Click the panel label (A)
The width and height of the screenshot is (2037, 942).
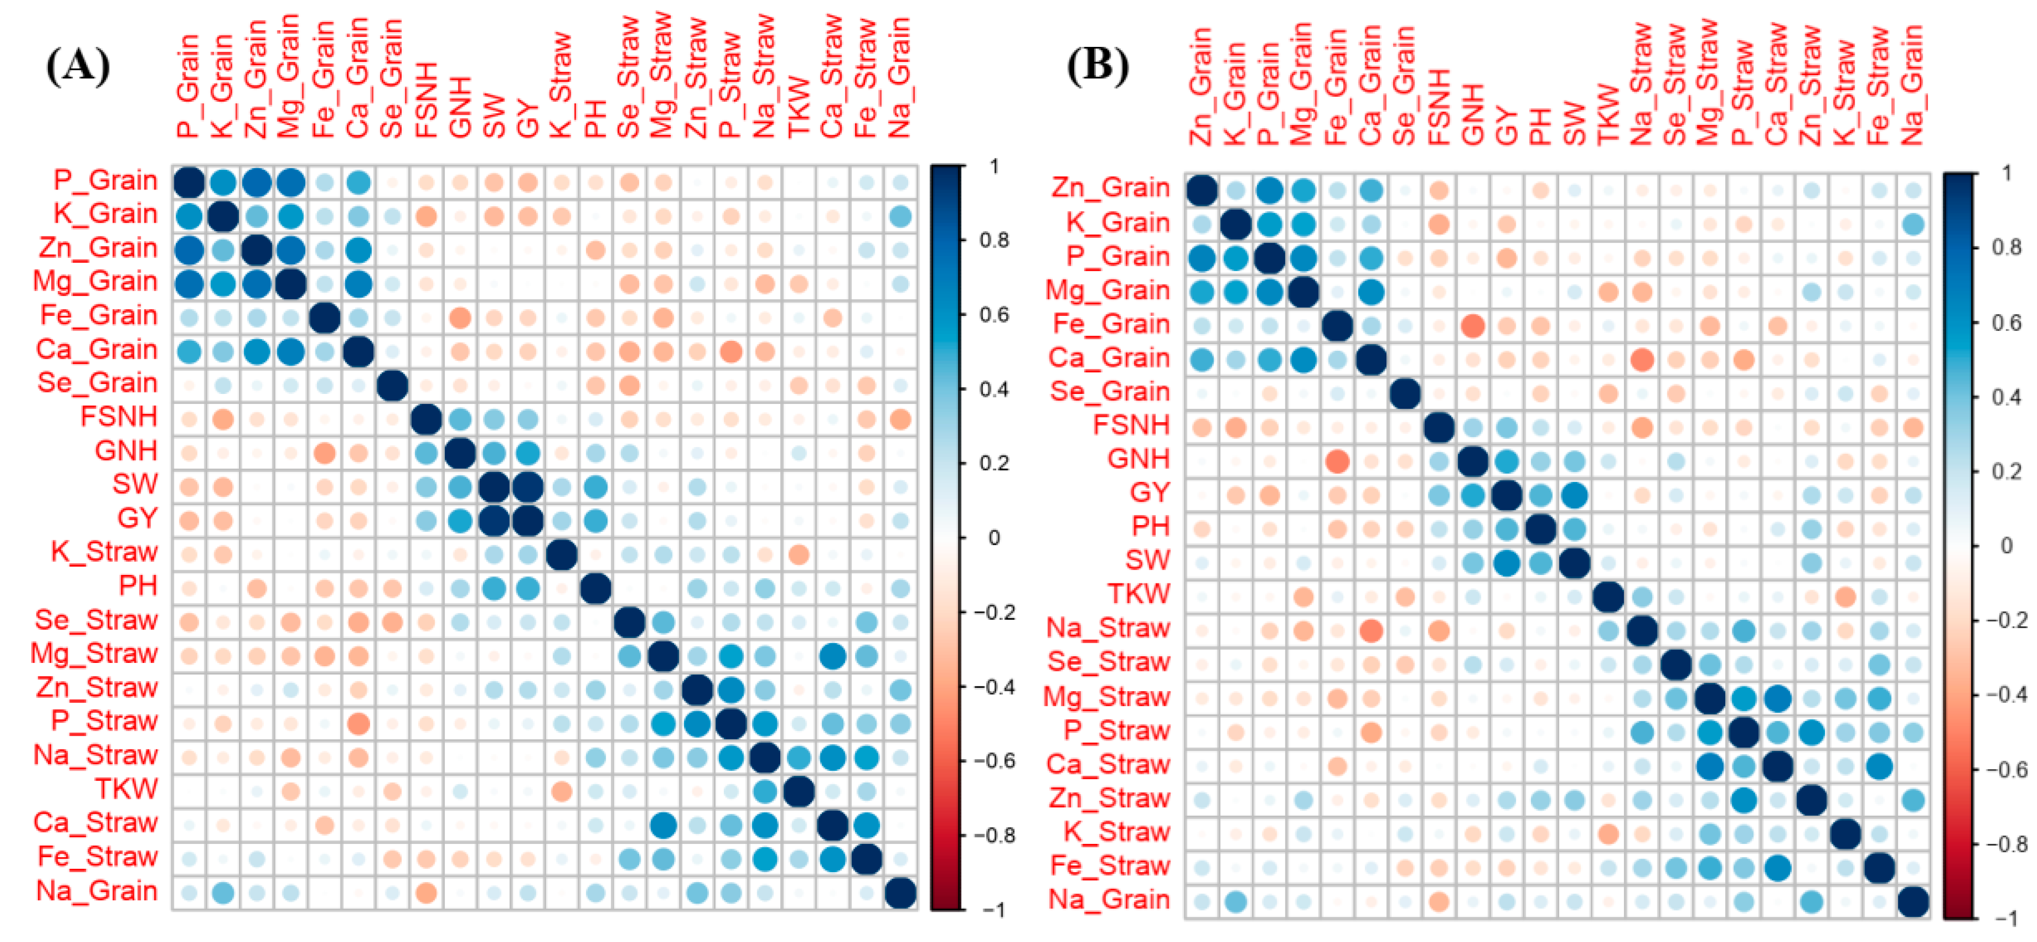pos(78,67)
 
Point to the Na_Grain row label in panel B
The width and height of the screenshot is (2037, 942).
pos(1109,899)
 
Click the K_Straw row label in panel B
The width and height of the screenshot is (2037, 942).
pos(1116,832)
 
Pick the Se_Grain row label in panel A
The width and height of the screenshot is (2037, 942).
pos(97,383)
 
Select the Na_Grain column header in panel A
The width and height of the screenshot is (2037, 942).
pos(900,79)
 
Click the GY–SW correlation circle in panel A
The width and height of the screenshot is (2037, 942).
pos(494,520)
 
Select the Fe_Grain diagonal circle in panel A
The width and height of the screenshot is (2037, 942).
pos(324,318)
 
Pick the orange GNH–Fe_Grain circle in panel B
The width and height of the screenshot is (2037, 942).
pos(1337,460)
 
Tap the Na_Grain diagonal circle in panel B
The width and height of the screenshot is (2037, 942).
pos(1913,901)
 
